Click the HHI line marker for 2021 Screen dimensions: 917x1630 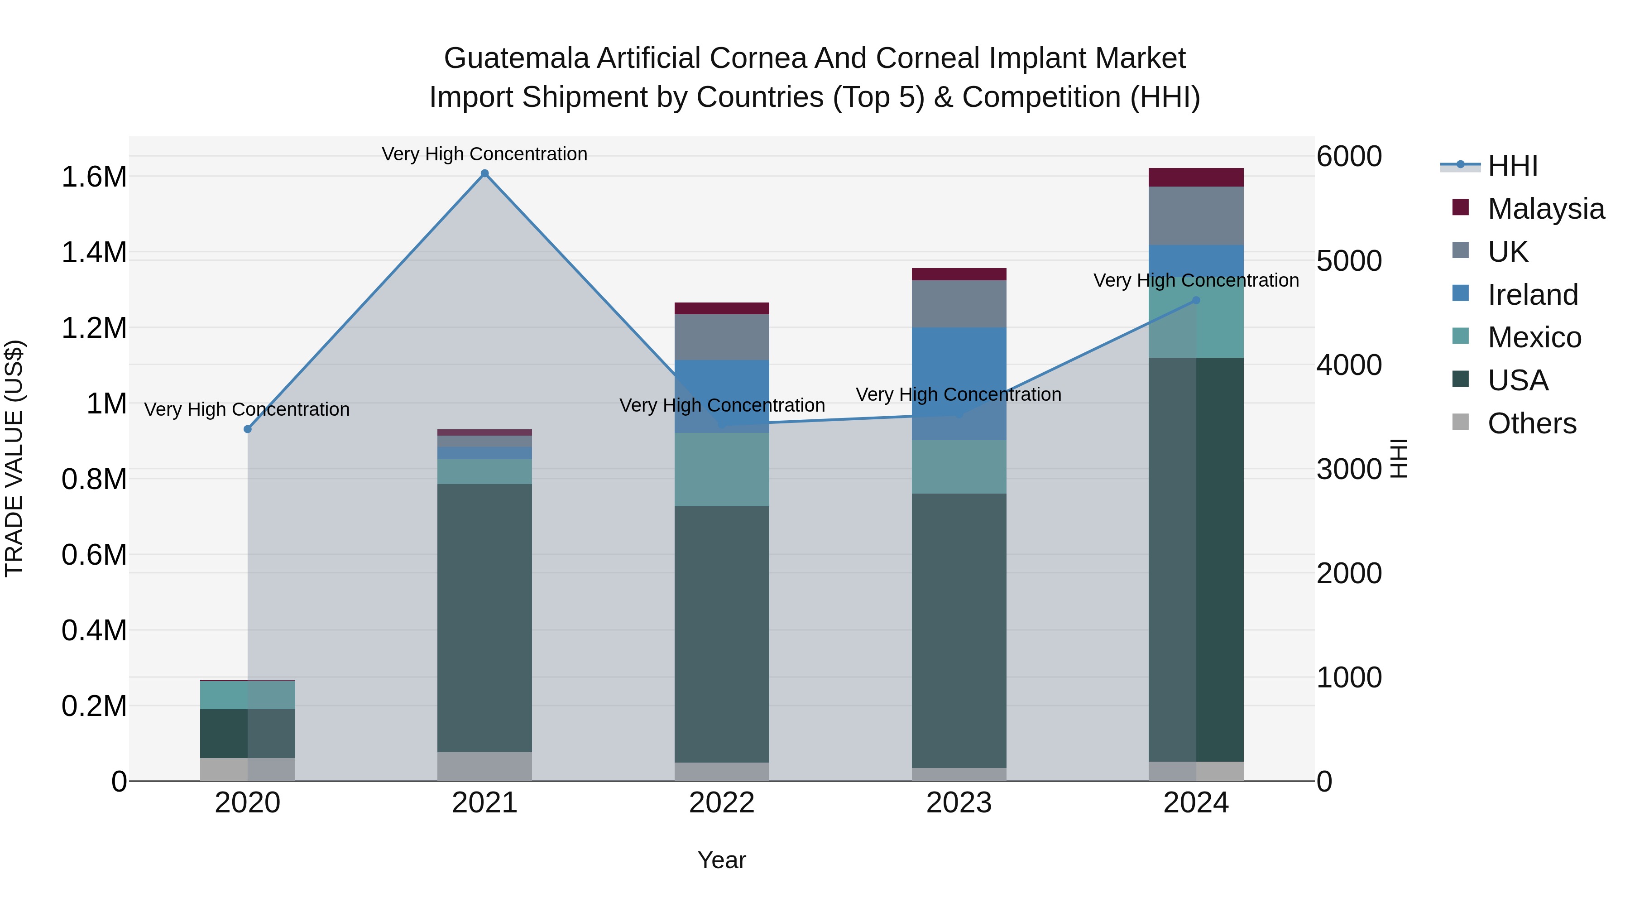(484, 173)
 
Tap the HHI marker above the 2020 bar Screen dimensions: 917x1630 (247, 429)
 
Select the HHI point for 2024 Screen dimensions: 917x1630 (1196, 301)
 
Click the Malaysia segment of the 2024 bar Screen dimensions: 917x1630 (1196, 177)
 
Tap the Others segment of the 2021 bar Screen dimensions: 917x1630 (484, 766)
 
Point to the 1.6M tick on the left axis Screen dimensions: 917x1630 (94, 177)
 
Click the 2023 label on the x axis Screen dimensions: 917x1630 (959, 803)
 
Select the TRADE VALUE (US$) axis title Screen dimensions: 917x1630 (14, 458)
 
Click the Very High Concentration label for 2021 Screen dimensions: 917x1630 (484, 154)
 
